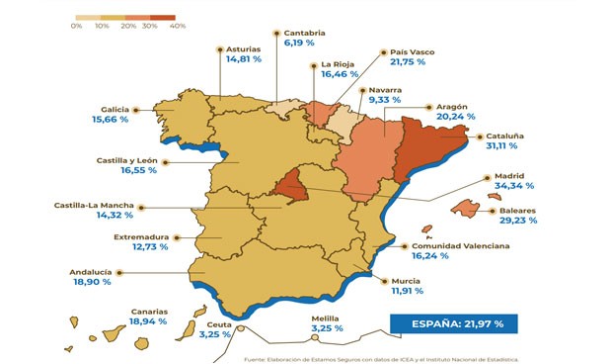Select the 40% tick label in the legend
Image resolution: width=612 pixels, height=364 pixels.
click(178, 27)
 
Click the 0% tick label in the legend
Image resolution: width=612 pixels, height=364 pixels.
click(76, 27)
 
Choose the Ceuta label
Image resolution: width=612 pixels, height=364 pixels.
click(219, 323)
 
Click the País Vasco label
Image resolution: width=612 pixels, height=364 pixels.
click(413, 51)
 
